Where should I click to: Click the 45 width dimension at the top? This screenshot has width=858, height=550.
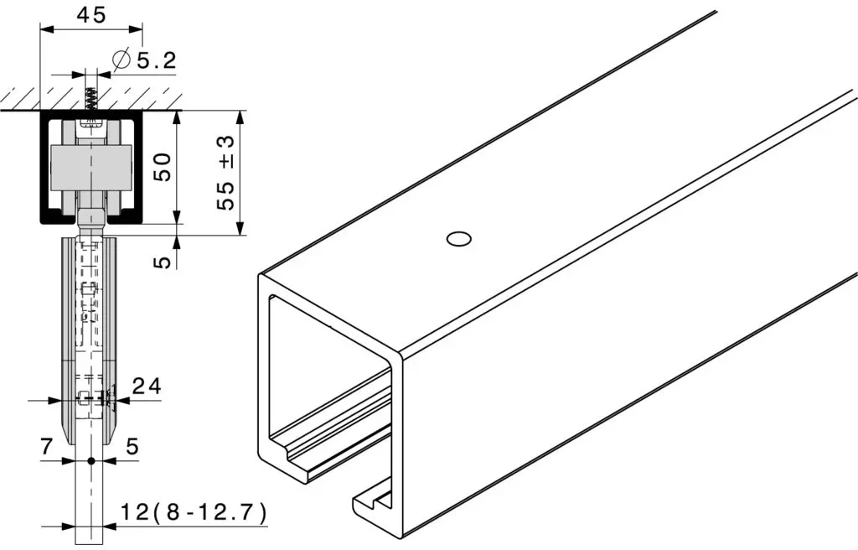point(90,15)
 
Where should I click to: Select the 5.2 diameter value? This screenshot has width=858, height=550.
point(157,60)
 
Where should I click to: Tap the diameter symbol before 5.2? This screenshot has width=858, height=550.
point(121,60)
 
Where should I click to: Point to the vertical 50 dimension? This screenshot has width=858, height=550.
point(163,167)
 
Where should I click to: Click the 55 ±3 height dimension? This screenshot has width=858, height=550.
point(225,172)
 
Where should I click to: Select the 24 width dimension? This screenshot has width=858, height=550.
point(147,387)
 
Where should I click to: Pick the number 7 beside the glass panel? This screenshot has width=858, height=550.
point(47,447)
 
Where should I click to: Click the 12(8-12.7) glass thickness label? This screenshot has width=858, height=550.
point(194,513)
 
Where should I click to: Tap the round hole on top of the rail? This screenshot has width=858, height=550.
point(458,240)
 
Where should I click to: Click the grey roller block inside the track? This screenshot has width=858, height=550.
point(91,169)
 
